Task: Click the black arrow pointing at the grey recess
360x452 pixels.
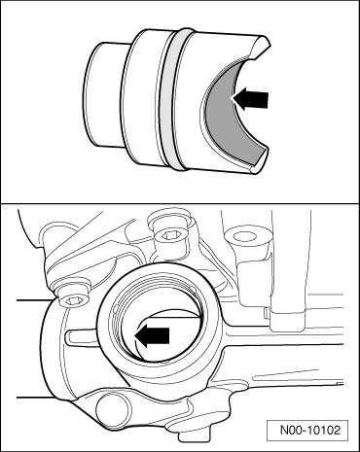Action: pos(251,98)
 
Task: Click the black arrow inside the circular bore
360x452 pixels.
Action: pos(153,336)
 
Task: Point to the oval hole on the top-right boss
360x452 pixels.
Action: pos(248,237)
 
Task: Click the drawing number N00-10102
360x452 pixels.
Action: pos(310,431)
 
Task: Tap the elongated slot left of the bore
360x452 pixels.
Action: pos(81,337)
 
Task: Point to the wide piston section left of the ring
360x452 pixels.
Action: pos(143,97)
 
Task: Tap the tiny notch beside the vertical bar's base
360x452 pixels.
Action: pos(266,313)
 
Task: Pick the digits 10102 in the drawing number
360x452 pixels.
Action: pos(324,431)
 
